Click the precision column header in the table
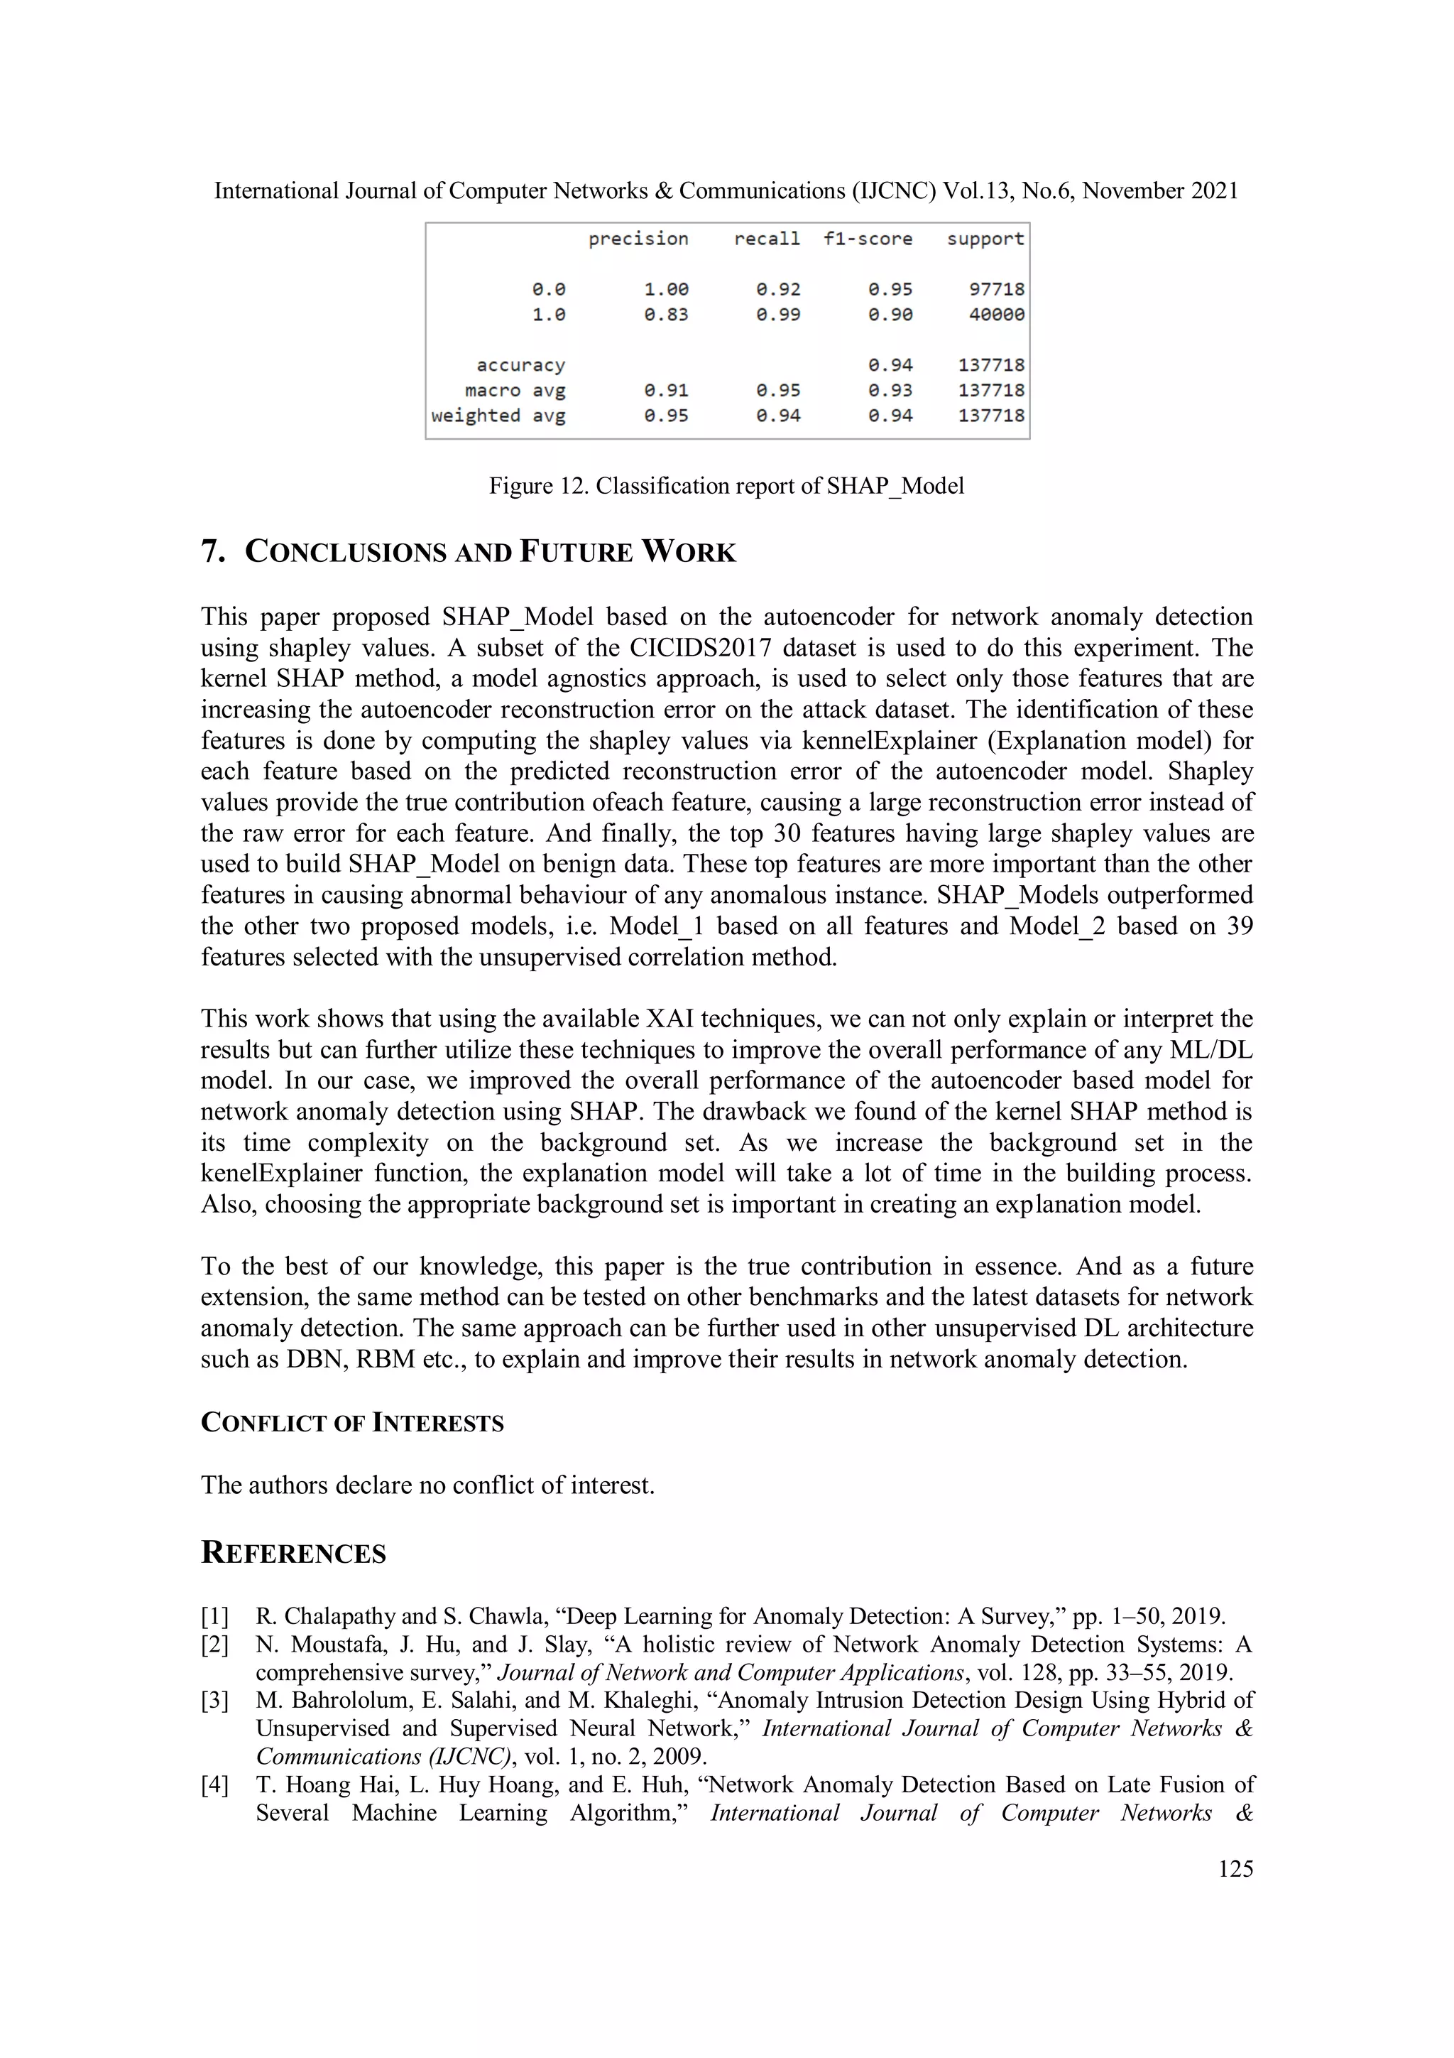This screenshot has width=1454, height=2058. coord(638,239)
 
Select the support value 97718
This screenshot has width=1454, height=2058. coord(996,290)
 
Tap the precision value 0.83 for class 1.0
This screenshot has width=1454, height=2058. coord(666,315)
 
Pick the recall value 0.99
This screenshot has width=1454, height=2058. coord(777,315)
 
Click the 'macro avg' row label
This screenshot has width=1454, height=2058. coord(515,391)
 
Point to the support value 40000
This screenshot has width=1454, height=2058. coord(996,315)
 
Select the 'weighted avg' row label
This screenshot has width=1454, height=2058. coord(498,416)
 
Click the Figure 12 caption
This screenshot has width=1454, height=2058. coord(726,486)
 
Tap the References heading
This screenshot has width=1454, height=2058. coord(293,1552)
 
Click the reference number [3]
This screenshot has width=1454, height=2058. coord(215,1701)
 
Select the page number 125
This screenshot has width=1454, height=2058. coord(1235,1869)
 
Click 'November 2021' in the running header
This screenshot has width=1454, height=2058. coord(1160,191)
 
